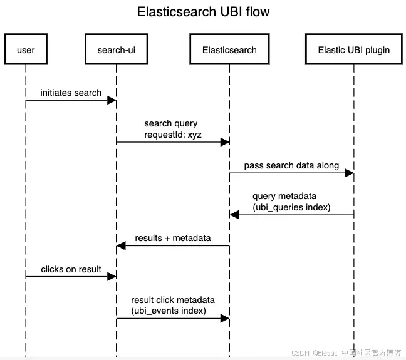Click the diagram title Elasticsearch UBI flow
(203, 12)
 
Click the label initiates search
(71, 93)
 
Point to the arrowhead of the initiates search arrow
(112, 100)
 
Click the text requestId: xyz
(173, 135)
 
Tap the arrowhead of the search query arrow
(225, 142)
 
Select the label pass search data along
(291, 165)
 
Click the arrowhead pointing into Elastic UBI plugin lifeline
(349, 173)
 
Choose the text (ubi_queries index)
(291, 207)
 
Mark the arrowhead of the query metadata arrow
(234, 215)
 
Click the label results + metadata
(173, 238)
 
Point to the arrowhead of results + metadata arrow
(121, 245)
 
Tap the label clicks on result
(71, 269)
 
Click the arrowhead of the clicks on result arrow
(112, 277)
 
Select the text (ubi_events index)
(169, 311)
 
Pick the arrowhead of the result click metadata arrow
(225, 318)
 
